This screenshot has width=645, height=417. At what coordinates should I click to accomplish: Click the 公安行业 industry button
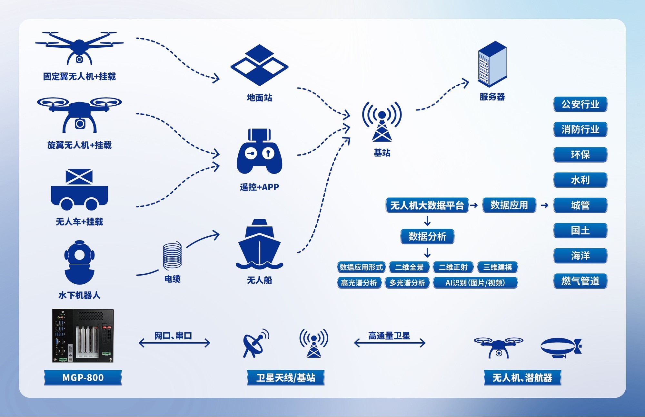pos(580,104)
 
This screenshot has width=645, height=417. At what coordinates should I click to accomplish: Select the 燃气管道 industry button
pos(580,281)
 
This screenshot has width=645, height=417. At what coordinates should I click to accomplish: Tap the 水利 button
pos(580,180)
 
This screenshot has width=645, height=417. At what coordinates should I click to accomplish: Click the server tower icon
pos(492,64)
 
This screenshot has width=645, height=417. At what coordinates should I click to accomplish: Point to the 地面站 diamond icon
pos(259,65)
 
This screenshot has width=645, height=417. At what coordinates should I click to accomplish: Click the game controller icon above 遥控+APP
pos(259,152)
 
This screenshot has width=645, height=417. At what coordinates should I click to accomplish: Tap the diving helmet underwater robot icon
pos(79,262)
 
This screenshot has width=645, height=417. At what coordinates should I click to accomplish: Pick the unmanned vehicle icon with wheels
pos(79,190)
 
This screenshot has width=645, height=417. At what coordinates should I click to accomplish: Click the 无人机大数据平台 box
pos(427,205)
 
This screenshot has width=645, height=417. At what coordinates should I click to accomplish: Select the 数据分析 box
pos(427,236)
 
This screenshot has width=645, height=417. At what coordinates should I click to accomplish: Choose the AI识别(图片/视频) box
pos(475,283)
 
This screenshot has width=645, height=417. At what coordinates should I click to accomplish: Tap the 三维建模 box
pos(497,267)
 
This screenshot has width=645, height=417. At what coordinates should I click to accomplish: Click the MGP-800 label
pos(83,377)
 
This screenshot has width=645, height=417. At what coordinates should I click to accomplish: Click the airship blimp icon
pos(561,347)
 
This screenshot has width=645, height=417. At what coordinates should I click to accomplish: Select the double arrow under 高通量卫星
pos(390,343)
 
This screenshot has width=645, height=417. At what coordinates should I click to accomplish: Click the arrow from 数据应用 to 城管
pos(544,205)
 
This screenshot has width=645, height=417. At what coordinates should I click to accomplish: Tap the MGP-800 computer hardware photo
pos(83,336)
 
